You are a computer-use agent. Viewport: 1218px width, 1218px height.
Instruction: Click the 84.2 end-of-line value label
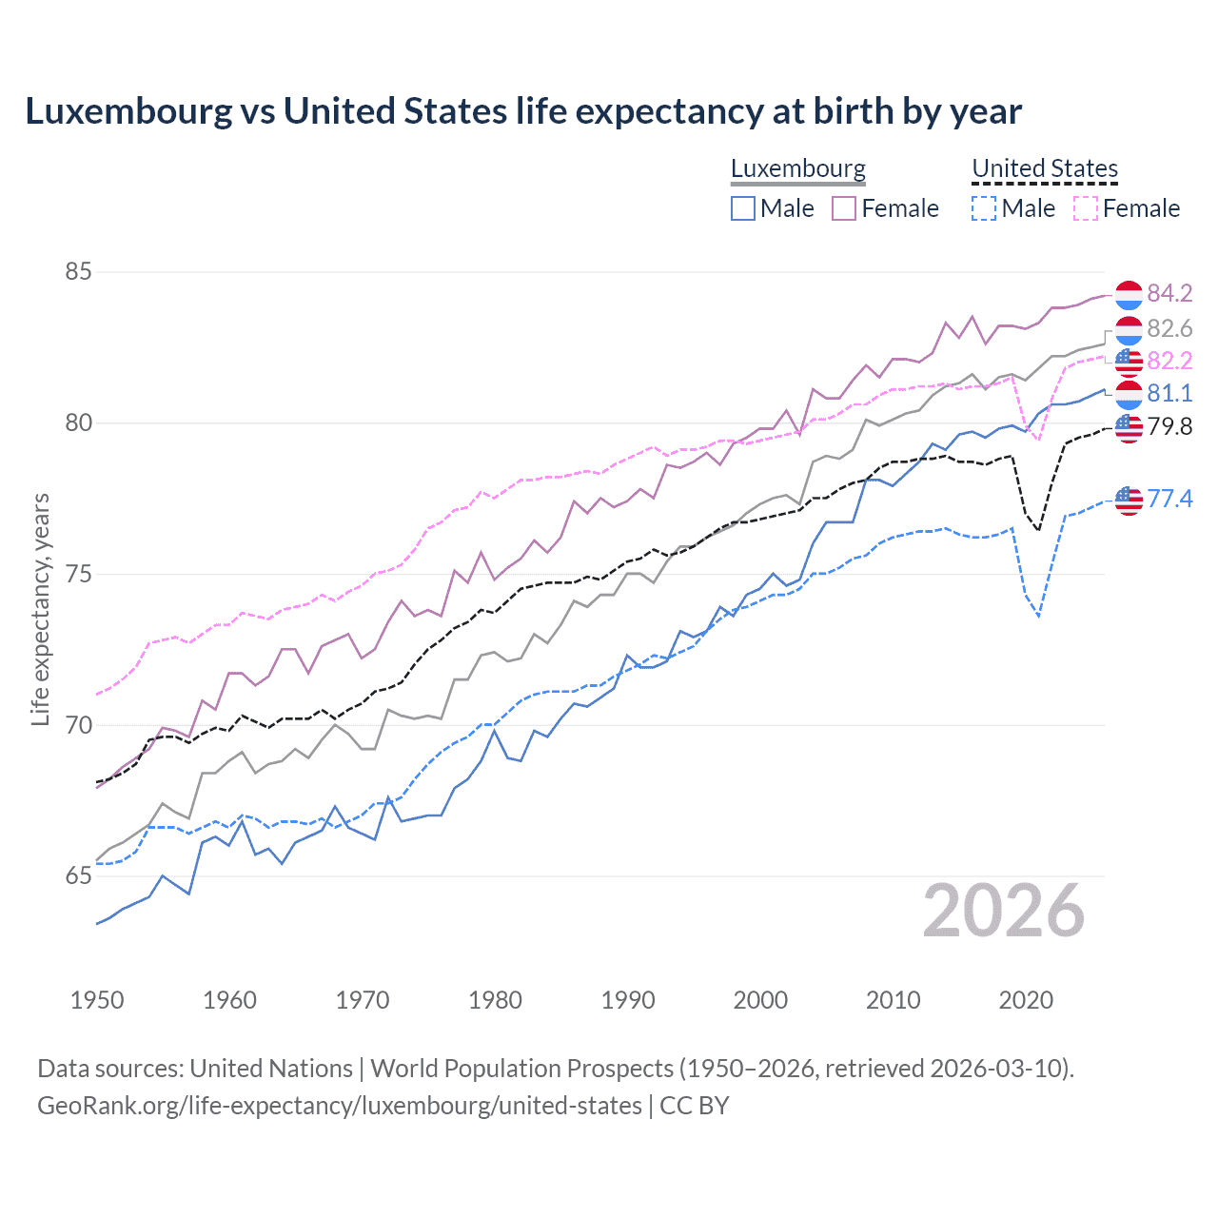(x=1169, y=293)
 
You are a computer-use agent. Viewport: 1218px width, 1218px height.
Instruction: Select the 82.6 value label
(x=1169, y=328)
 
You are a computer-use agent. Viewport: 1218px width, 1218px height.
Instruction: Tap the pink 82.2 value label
(x=1169, y=361)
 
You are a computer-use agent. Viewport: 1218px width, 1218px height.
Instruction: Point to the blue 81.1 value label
(x=1169, y=393)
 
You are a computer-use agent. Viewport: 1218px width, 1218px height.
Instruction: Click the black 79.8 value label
(x=1169, y=426)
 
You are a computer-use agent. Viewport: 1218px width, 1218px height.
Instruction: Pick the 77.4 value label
(x=1169, y=499)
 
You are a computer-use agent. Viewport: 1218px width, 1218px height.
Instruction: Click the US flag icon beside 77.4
(x=1129, y=500)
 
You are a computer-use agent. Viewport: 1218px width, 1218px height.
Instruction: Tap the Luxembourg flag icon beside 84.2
(x=1129, y=295)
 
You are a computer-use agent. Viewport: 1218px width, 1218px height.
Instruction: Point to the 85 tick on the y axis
(x=78, y=272)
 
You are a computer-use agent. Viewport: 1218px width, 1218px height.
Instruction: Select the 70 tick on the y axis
(x=78, y=725)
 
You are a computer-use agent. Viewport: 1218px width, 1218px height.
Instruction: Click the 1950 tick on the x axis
(x=97, y=1000)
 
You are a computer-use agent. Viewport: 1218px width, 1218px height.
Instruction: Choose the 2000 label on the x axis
(x=760, y=1000)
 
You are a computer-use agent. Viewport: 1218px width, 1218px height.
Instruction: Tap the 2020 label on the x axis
(x=1026, y=1000)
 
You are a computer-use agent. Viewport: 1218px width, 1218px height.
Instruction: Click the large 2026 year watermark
(x=1004, y=911)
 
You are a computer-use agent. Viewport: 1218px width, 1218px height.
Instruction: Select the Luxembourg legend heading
(x=798, y=168)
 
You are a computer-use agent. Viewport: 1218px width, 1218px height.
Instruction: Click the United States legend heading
(x=1045, y=168)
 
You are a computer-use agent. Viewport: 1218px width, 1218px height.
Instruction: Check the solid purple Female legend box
(x=844, y=208)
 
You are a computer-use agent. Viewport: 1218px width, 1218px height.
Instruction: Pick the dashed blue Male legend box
(x=984, y=208)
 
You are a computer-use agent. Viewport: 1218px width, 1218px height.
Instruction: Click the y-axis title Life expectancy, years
(x=40, y=609)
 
